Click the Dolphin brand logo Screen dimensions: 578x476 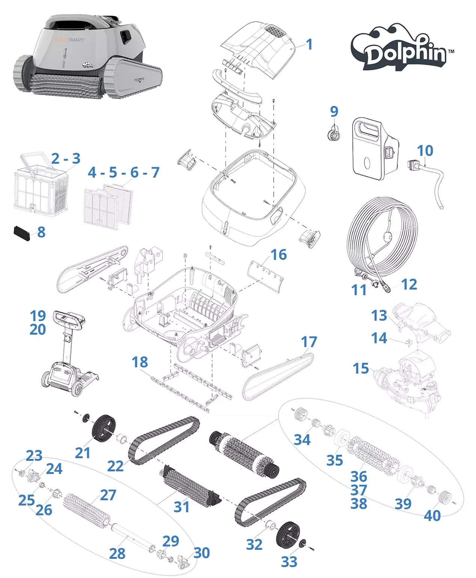tap(402, 49)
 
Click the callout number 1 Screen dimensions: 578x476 tap(309, 44)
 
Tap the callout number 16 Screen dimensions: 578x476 tap(279, 255)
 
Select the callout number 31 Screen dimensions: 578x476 tap(182, 507)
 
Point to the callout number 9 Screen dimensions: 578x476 tap(334, 111)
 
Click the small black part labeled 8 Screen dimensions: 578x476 tap(22, 233)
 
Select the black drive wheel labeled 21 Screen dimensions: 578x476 tap(104, 428)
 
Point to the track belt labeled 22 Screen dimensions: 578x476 tap(164, 439)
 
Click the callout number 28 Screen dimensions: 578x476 tap(117, 553)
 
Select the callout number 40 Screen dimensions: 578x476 tap(432, 515)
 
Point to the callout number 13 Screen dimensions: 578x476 tap(379, 315)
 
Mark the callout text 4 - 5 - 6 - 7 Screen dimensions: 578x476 tap(124, 172)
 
